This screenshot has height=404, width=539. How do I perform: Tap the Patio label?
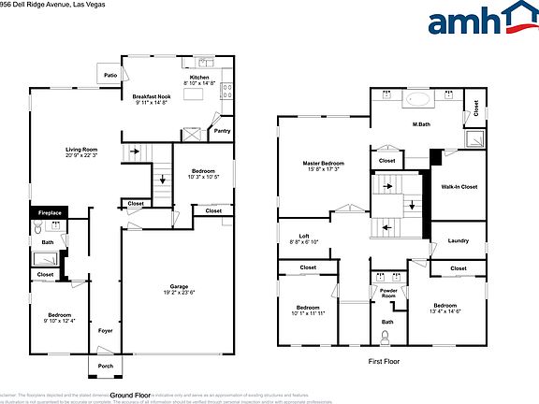click(x=110, y=75)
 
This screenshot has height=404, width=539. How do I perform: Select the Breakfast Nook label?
click(x=150, y=97)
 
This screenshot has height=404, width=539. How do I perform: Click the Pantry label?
click(x=222, y=131)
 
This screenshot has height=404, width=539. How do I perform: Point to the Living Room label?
click(x=81, y=149)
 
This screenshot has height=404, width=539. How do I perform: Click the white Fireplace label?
click(x=50, y=213)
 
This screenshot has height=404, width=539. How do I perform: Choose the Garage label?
click(x=179, y=286)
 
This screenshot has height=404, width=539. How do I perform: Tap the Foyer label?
click(x=106, y=330)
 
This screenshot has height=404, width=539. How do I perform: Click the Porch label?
click(x=105, y=366)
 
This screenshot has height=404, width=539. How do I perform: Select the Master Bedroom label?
click(x=324, y=164)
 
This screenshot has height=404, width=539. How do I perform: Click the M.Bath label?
click(x=421, y=123)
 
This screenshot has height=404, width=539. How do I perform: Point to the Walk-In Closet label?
click(x=459, y=187)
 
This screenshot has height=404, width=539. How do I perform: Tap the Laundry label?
click(x=458, y=241)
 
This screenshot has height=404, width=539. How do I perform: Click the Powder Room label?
click(x=388, y=293)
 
